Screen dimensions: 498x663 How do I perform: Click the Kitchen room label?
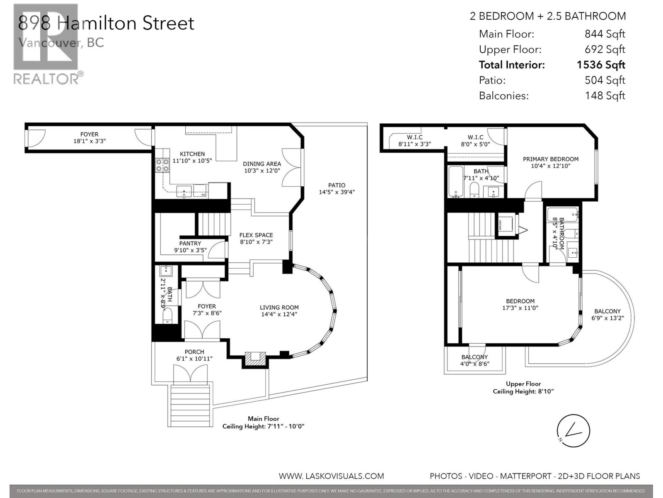(192, 154)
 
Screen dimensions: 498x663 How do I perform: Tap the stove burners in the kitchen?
(162, 165)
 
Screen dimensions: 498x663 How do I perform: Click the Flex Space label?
(256, 235)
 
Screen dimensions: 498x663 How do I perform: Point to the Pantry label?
(190, 244)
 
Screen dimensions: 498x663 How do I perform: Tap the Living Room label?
(279, 308)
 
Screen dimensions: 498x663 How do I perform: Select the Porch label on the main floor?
(194, 352)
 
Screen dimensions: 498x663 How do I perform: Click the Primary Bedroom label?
(550, 159)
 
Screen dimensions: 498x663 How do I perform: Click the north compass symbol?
(573, 431)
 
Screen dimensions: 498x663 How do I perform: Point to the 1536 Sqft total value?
(600, 65)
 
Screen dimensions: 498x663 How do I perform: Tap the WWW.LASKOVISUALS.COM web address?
(331, 476)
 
